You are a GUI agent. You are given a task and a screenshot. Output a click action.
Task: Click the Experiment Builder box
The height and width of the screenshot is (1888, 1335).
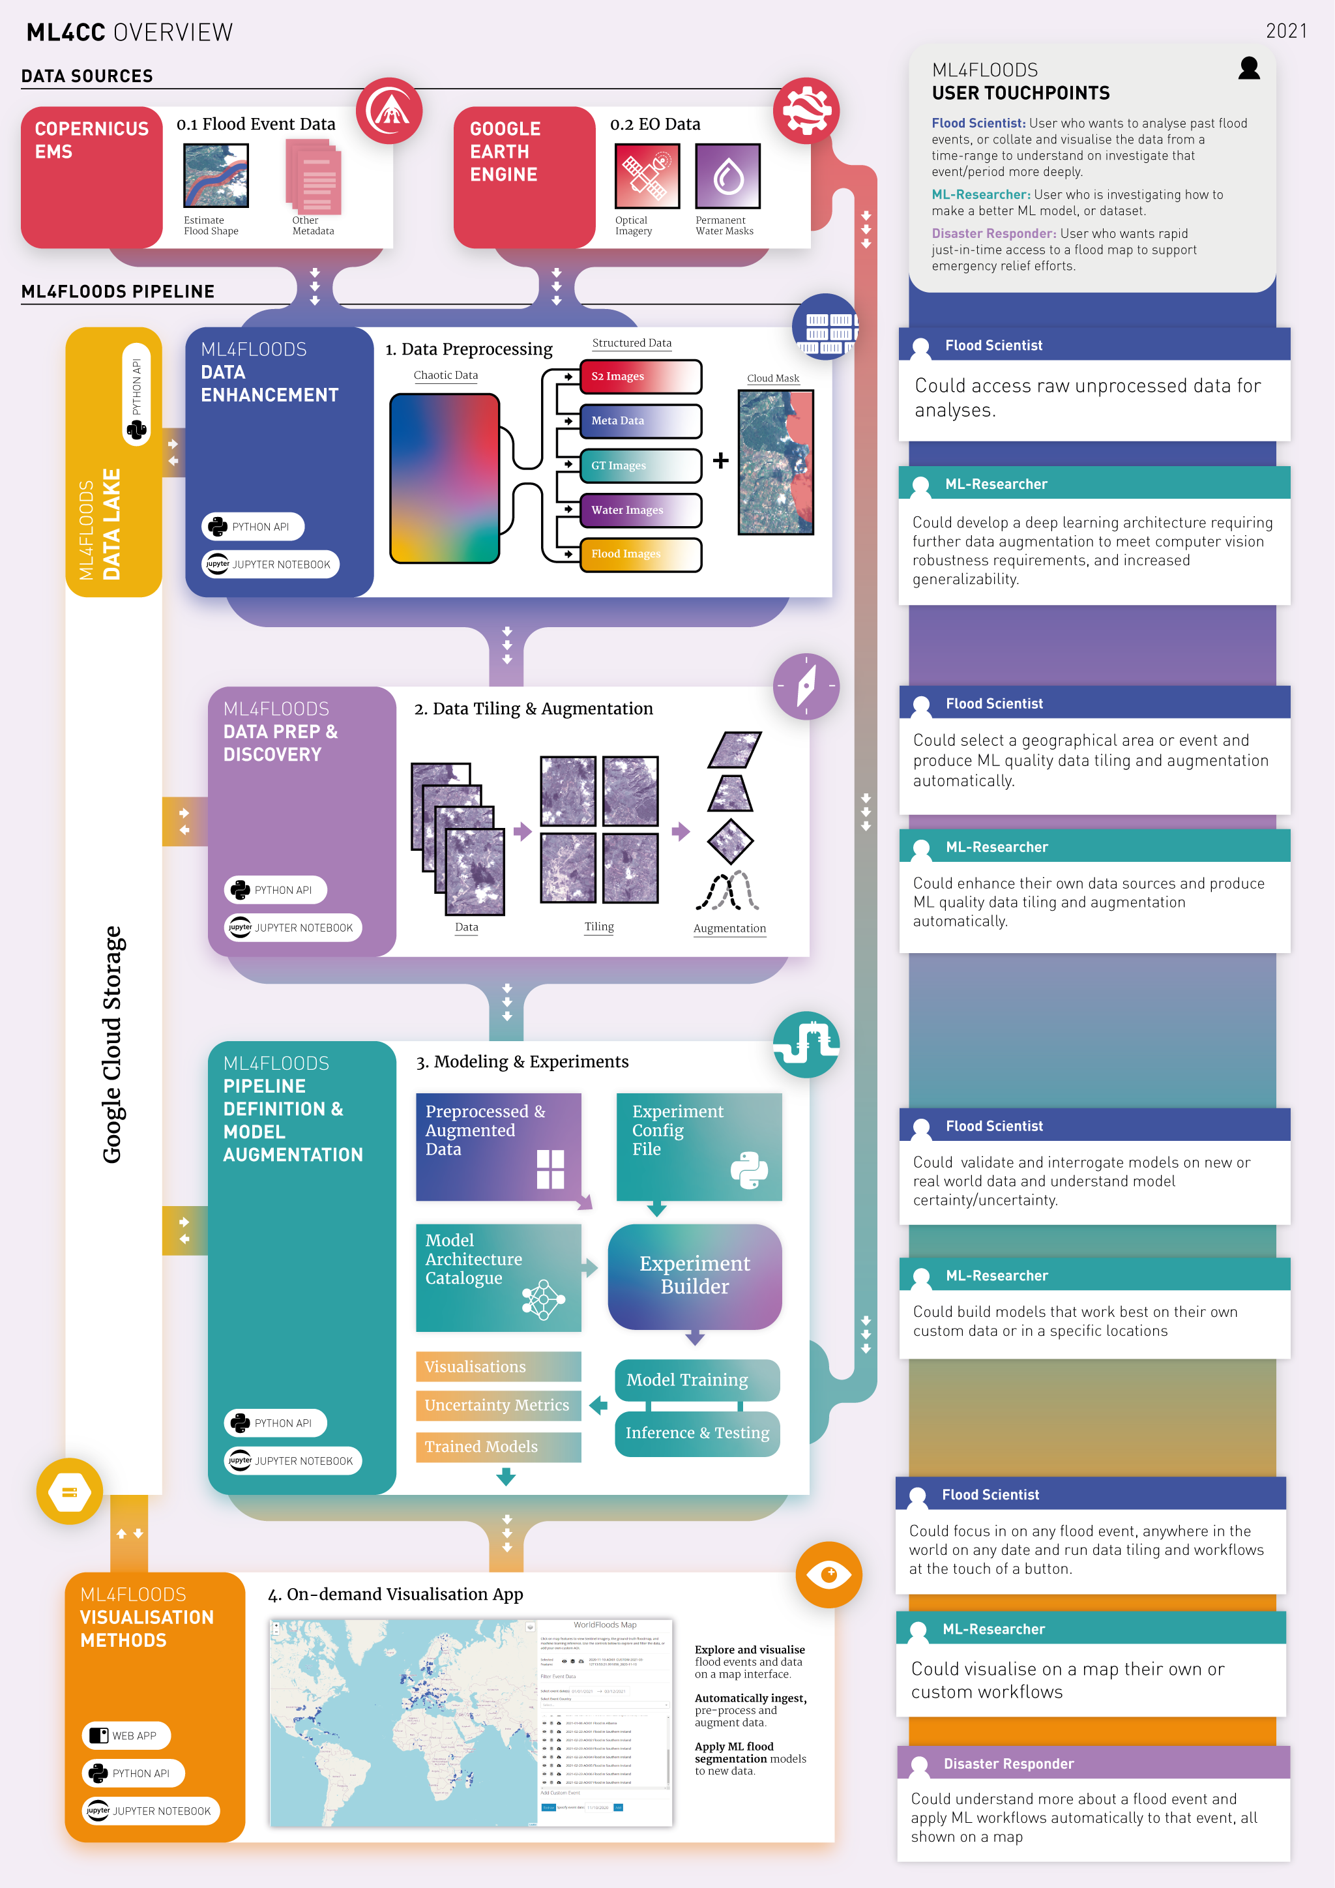(x=695, y=1275)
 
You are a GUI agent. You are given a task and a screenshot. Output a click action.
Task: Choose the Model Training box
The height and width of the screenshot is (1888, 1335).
(x=696, y=1380)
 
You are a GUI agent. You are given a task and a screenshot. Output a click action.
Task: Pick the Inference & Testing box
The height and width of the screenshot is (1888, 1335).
(x=697, y=1432)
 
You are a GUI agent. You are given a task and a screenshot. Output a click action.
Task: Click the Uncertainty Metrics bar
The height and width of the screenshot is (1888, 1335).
(x=498, y=1406)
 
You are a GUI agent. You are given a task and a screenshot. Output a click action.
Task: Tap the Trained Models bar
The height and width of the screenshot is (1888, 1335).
(x=498, y=1447)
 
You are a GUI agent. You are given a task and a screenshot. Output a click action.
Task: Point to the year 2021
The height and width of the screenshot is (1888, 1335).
(x=1285, y=31)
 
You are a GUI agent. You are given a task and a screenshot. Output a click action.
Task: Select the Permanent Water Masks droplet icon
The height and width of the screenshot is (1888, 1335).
(x=727, y=176)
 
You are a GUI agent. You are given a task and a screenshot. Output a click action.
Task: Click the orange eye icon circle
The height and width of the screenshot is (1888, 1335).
(x=829, y=1574)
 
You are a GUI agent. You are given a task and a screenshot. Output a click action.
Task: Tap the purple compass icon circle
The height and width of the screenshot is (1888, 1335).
(x=806, y=686)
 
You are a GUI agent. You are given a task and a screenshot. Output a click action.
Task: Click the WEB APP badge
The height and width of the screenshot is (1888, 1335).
(x=126, y=1735)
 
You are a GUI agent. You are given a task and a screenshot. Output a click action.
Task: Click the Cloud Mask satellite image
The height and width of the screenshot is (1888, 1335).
(x=775, y=462)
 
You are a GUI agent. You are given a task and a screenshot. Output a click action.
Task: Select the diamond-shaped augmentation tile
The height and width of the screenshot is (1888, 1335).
(x=730, y=840)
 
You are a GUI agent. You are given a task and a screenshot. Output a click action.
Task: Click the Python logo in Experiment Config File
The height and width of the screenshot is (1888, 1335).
(x=749, y=1170)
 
